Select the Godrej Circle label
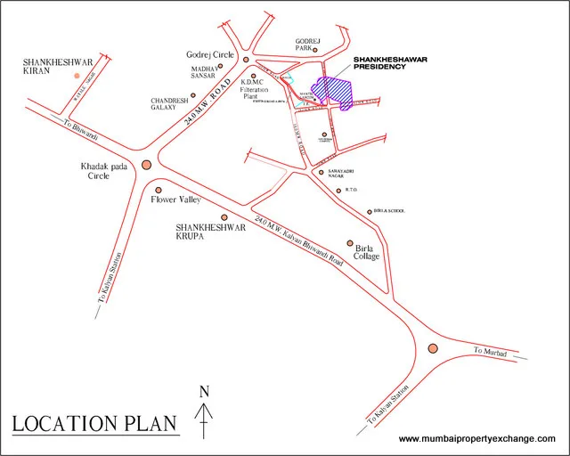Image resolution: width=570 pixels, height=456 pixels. (210, 55)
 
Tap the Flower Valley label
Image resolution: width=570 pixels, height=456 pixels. (169, 200)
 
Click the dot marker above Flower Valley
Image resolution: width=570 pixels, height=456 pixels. (159, 189)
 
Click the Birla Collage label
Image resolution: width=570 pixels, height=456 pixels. (368, 252)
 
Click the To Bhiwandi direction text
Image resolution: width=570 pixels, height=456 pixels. (79, 131)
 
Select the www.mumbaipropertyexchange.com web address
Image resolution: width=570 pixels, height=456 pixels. (476, 438)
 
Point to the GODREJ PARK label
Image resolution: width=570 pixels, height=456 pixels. (307, 45)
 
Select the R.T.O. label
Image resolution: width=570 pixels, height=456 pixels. (351, 190)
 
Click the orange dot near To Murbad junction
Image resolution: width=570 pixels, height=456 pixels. (434, 349)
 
